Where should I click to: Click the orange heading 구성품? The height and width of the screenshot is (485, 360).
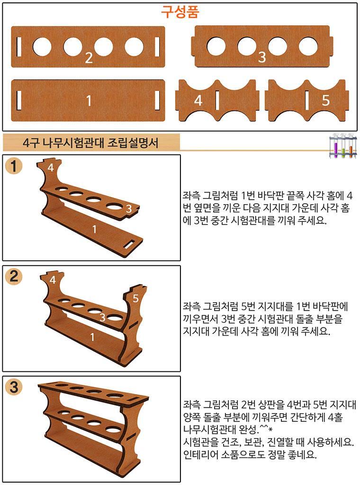click(x=180, y=12)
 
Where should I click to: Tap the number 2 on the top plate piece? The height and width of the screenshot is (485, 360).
click(x=89, y=57)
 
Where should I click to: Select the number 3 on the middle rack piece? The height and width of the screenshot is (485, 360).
click(x=261, y=57)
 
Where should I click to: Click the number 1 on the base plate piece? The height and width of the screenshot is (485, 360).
click(x=89, y=100)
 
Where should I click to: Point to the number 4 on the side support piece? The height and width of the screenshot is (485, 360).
click(x=198, y=100)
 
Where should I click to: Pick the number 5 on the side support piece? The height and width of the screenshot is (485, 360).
click(x=325, y=100)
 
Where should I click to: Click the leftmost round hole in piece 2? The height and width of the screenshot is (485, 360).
click(x=42, y=47)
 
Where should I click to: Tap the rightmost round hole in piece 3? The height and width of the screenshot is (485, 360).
click(x=308, y=46)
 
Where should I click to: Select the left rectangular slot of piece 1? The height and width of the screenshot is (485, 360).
click(x=19, y=100)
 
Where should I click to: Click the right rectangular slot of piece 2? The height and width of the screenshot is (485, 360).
click(x=157, y=47)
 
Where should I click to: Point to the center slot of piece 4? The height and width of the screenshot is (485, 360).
click(x=217, y=100)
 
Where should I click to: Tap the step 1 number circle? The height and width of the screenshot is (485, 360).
click(x=14, y=167)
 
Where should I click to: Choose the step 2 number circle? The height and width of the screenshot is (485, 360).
click(x=14, y=276)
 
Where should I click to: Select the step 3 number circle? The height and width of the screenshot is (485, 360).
click(x=14, y=387)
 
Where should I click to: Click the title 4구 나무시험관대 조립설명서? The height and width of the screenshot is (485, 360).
click(x=90, y=143)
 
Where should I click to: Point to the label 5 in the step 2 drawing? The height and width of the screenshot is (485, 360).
click(x=135, y=298)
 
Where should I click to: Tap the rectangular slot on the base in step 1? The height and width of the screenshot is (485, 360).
click(x=131, y=244)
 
